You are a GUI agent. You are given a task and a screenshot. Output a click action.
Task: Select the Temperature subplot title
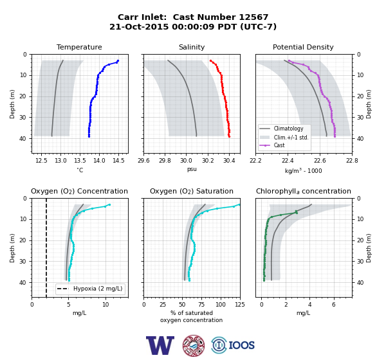(x=79, y=47)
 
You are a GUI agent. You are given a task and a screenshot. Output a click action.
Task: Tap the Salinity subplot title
(x=192, y=47)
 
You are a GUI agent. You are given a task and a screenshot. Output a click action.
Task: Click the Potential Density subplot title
(x=303, y=47)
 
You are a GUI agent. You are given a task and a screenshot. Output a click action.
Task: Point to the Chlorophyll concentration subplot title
(x=304, y=191)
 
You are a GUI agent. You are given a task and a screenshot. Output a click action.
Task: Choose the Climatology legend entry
(x=288, y=129)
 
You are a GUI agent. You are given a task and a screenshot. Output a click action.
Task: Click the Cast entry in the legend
(x=279, y=145)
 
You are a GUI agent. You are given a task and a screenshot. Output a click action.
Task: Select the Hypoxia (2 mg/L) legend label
(x=98, y=289)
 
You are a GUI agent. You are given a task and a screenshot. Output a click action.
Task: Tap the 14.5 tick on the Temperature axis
(x=118, y=161)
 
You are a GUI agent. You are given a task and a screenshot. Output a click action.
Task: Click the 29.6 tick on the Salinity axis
(x=143, y=161)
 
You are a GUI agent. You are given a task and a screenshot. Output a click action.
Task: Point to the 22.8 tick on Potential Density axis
(x=352, y=161)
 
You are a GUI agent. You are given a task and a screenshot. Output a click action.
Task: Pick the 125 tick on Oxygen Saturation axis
(x=240, y=305)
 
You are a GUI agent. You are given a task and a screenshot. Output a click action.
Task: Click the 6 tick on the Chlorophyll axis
(x=334, y=305)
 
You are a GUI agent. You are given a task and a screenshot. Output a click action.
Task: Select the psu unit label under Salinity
(x=192, y=169)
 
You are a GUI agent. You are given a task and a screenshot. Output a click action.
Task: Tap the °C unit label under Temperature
(x=80, y=170)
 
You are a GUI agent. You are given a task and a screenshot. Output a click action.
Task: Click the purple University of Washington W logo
(x=160, y=345)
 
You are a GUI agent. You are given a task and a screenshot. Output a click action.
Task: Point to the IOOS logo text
(x=242, y=345)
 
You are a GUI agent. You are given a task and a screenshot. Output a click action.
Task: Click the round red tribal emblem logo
(x=194, y=345)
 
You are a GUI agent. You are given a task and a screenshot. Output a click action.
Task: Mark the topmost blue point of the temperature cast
(x=118, y=61)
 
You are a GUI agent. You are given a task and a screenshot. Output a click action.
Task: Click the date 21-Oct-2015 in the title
(x=139, y=26)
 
